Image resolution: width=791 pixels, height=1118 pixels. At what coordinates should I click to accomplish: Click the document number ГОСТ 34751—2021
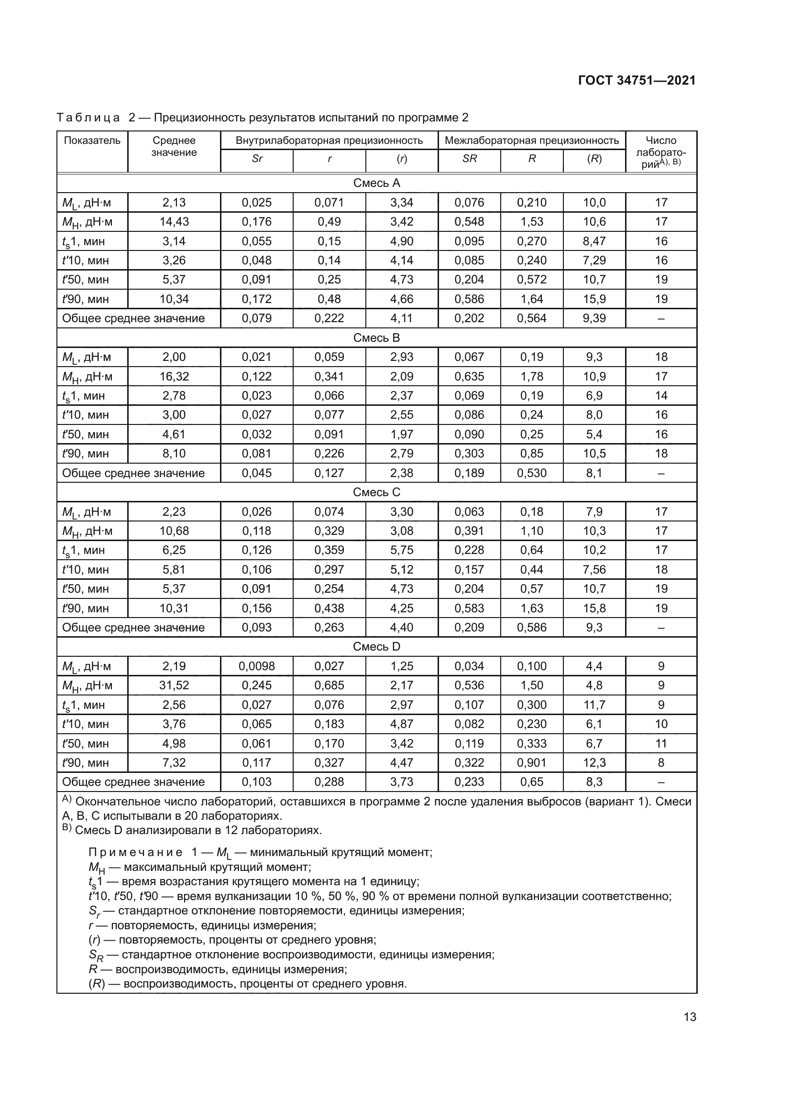pos(637,81)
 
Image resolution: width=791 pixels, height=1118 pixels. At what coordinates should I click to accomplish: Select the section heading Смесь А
pos(376,183)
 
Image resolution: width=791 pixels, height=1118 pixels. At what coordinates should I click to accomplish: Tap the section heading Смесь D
pos(376,647)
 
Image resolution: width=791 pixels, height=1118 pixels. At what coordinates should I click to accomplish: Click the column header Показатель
pos(92,141)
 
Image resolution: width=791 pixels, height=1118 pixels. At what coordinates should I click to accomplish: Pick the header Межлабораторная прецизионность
pos(532,141)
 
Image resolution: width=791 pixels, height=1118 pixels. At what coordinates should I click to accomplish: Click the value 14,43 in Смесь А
pos(174,222)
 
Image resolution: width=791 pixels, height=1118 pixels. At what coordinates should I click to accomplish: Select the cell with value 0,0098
pos(257,666)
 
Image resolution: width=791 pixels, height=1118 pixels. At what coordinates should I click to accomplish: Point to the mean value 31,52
pos(174,685)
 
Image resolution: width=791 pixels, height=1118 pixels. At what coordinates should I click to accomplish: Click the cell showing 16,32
pos(174,376)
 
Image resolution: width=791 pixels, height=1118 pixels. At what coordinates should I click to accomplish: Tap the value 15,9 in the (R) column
pos(594,299)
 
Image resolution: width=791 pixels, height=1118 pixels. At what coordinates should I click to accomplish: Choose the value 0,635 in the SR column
pos(469,376)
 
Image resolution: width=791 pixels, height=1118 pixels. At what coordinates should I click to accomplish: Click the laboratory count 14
pos(661,396)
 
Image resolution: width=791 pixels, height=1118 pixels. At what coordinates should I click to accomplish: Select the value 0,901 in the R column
pos(531,762)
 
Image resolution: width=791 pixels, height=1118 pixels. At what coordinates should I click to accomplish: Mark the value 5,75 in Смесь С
pos(401,550)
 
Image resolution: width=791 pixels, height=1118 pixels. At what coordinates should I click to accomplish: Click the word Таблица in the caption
pos(88,118)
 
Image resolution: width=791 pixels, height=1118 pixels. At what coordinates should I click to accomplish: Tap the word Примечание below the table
pos(135,853)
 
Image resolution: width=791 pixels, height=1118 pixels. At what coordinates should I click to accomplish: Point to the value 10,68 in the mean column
pos(174,531)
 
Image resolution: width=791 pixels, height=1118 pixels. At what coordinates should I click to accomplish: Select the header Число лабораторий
pos(661,152)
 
